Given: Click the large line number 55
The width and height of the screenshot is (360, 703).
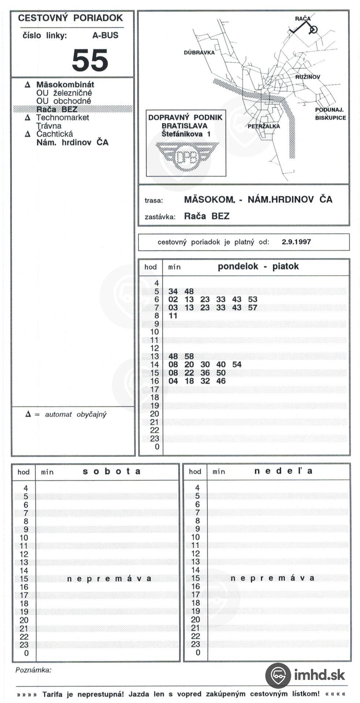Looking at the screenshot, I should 90,60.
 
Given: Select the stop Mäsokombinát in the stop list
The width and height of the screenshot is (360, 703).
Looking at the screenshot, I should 65,85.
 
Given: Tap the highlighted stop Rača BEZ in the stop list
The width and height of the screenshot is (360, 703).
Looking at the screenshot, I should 57,109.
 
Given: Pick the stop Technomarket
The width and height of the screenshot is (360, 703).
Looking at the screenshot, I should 62,118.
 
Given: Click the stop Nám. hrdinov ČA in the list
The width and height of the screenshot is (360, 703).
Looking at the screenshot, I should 72,142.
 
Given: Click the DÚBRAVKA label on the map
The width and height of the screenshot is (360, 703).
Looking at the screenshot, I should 199,53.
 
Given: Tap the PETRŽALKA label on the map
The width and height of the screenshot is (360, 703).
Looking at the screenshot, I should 264,126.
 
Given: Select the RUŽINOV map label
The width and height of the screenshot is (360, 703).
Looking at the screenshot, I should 308,77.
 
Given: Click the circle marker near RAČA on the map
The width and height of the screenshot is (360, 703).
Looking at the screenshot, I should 313,29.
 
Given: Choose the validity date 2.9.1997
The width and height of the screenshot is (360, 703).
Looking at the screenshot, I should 296,242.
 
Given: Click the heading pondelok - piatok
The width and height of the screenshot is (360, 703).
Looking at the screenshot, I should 258,266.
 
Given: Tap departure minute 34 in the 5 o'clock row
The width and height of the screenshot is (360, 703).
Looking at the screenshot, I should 173,291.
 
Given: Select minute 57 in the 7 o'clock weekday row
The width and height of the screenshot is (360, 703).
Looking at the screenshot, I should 252,308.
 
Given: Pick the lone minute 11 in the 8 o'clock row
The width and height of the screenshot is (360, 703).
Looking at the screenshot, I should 173,316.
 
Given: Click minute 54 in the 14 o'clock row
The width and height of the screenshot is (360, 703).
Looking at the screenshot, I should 237,365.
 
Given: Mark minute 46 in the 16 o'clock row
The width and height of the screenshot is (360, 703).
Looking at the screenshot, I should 221,381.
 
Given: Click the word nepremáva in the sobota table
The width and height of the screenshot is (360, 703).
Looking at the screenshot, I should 109,579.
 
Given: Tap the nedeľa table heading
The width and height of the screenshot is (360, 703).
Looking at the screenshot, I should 283,471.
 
